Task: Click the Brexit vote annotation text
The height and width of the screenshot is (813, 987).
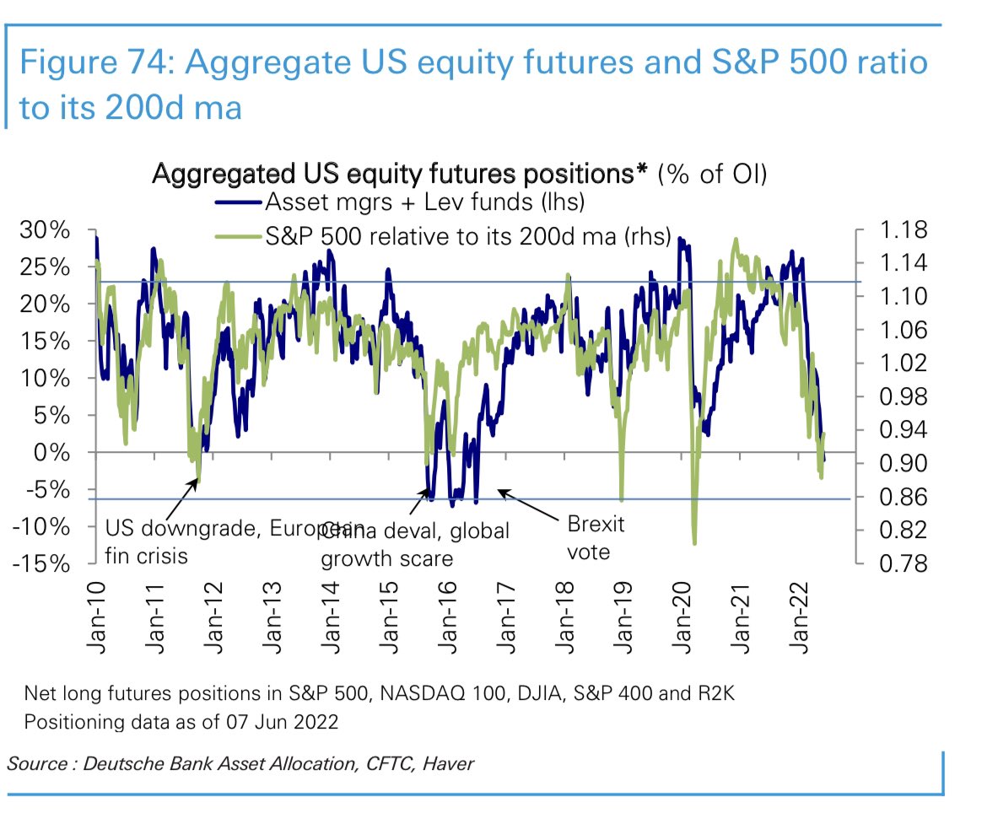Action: tap(596, 538)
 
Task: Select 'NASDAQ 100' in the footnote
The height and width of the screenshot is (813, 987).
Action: tap(420, 694)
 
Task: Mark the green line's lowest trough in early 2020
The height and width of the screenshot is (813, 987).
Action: tap(694, 543)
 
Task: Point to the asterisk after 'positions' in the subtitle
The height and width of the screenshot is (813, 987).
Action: tap(642, 173)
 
